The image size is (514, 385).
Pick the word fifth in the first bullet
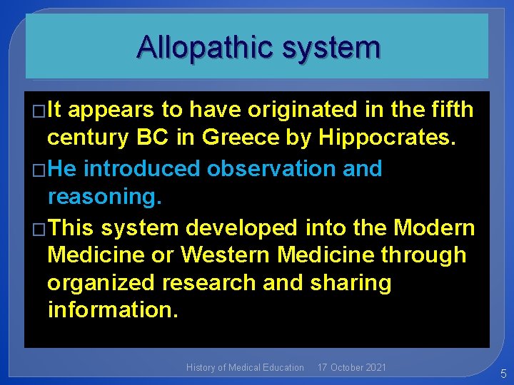(x=453, y=110)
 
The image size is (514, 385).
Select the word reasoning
(x=104, y=197)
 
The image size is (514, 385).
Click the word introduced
(x=143, y=169)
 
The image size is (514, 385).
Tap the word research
(x=209, y=283)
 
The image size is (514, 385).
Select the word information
(x=112, y=310)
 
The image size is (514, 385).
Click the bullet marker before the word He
(x=38, y=170)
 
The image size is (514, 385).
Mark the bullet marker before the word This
(x=38, y=229)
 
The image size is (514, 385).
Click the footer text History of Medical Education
(x=245, y=367)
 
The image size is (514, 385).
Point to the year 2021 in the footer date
(x=373, y=367)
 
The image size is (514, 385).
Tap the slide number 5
(x=503, y=373)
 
